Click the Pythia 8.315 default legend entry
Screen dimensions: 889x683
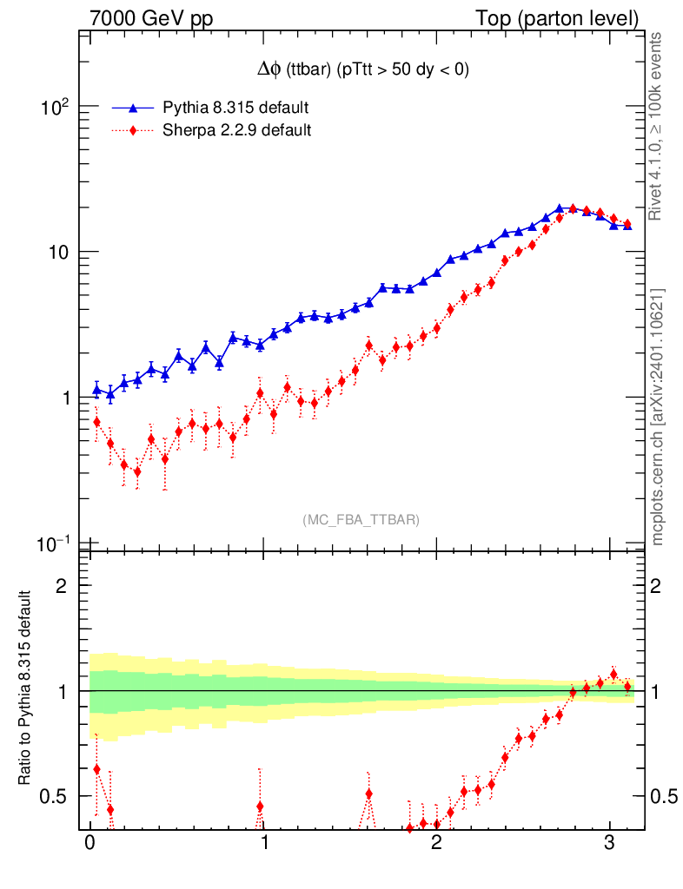pyautogui.click(x=235, y=108)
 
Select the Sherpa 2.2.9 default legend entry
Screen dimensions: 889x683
pyautogui.click(x=237, y=131)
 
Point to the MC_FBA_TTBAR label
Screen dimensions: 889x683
pyautogui.click(x=361, y=520)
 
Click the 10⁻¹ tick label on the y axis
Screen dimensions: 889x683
pyautogui.click(x=55, y=543)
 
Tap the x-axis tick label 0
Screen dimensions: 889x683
pyautogui.click(x=90, y=843)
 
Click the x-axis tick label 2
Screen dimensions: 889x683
pyautogui.click(x=435, y=843)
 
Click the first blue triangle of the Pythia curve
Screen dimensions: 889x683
pyautogui.click(x=96, y=390)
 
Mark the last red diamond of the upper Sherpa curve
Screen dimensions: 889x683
pyautogui.click(x=627, y=223)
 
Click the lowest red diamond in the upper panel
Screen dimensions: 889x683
pyautogui.click(x=137, y=471)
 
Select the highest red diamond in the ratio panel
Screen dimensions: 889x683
pyautogui.click(x=613, y=674)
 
